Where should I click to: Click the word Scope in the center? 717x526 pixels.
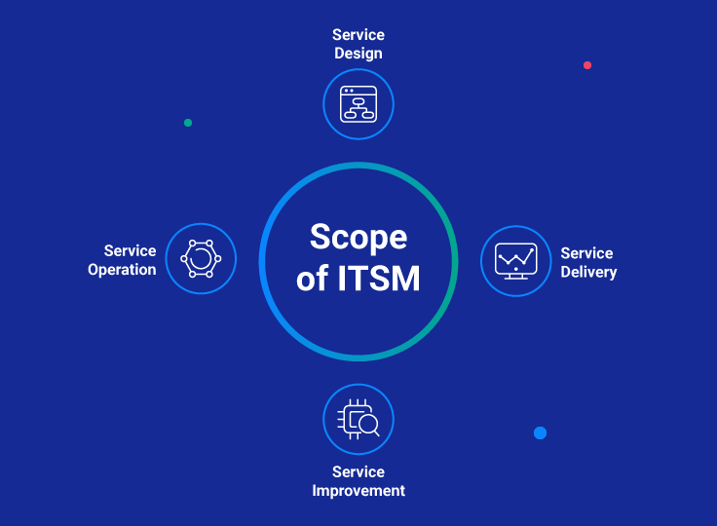point(358,238)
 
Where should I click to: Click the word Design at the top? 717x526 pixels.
point(358,54)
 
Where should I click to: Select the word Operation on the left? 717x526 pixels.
point(122,270)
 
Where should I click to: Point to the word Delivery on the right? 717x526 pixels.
point(588,272)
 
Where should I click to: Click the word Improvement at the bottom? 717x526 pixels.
point(358,490)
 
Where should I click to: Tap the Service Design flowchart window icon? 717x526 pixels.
point(358,104)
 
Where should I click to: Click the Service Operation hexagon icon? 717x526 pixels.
point(201,259)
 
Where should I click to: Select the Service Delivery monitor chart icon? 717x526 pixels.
point(515,261)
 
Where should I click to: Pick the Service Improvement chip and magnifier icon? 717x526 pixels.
point(358,420)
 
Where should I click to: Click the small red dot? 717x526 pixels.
point(587,65)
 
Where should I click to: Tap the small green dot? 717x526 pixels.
point(188,123)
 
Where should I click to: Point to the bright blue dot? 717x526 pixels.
point(540,432)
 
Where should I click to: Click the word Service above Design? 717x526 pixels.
point(358,35)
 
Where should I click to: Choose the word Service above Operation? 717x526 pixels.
point(130,251)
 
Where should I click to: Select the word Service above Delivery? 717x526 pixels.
point(586,253)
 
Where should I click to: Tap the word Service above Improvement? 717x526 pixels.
point(358,471)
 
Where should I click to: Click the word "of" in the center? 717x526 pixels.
point(313,280)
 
